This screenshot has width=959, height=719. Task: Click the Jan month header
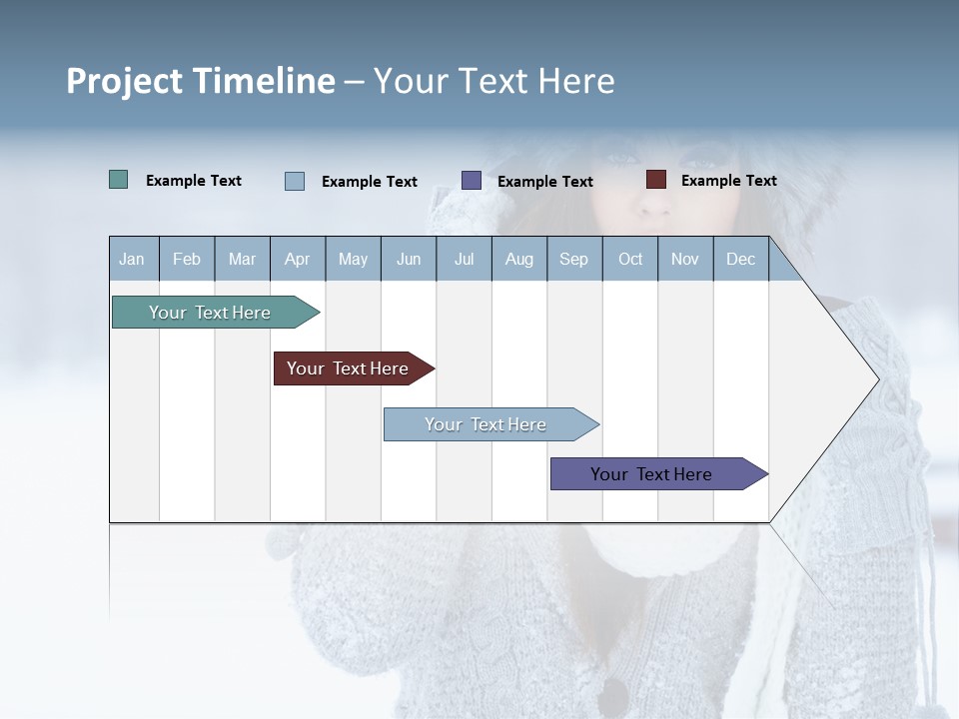click(x=132, y=260)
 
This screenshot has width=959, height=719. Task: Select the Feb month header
click(x=187, y=260)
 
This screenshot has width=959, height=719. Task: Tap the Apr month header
click(x=297, y=260)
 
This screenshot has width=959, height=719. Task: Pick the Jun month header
click(x=409, y=260)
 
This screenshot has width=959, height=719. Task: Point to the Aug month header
click(x=518, y=260)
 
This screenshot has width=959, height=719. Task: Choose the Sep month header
click(x=573, y=260)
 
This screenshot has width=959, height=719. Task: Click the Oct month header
click(x=630, y=260)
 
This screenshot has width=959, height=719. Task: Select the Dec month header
click(x=740, y=260)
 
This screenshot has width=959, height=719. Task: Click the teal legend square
click(x=119, y=180)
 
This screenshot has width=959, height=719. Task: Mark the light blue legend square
click(x=295, y=181)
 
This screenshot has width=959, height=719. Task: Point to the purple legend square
click(x=472, y=181)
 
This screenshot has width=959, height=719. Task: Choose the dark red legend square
click(x=656, y=180)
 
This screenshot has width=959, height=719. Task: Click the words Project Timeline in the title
click(x=201, y=81)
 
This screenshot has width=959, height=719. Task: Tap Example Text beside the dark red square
click(x=728, y=181)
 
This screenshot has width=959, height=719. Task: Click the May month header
click(x=353, y=260)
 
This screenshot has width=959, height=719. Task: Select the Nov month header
click(x=685, y=260)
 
